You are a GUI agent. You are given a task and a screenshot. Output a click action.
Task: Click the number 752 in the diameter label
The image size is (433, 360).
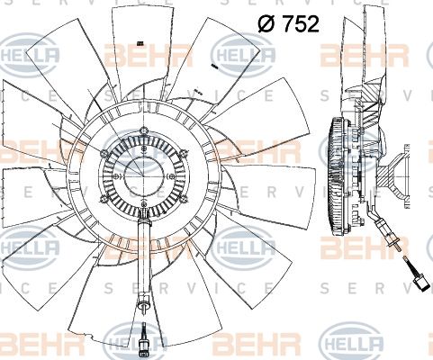coord(299,25)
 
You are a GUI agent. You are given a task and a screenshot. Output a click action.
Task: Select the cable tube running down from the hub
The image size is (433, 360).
coord(143,261)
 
